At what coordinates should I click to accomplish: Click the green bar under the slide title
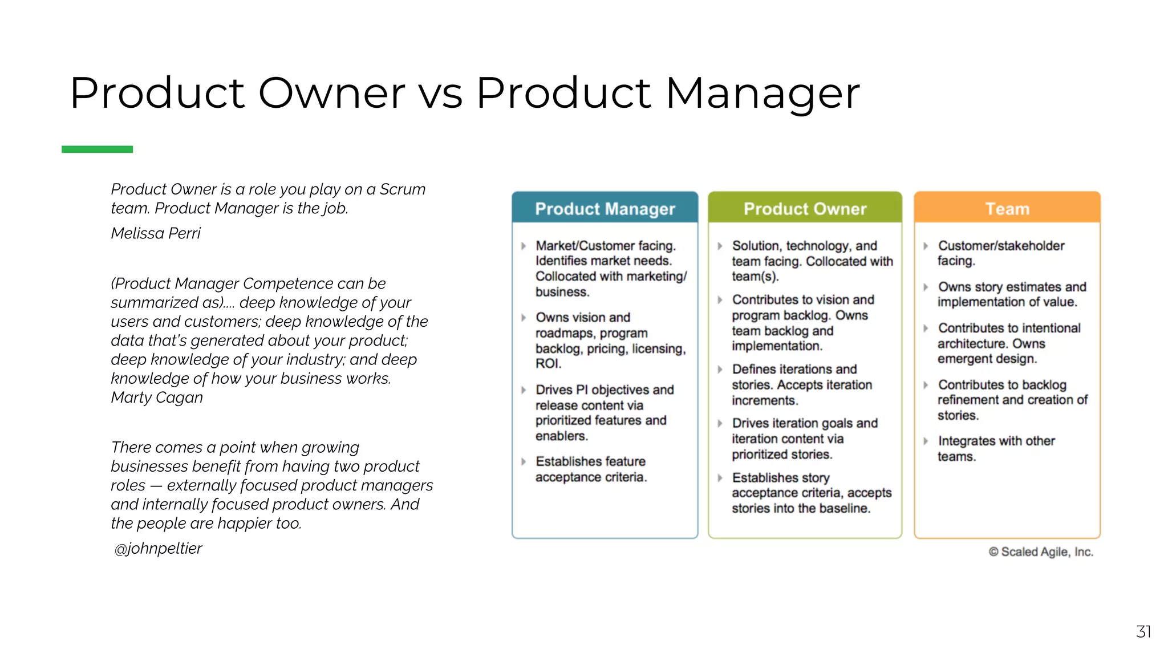click(97, 149)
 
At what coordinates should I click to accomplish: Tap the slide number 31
click(1143, 632)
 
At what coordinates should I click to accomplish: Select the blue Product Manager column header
click(605, 209)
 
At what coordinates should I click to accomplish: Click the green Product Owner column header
click(805, 209)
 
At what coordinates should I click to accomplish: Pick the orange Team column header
click(1007, 209)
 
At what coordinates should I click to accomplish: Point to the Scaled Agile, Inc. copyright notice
click(1041, 552)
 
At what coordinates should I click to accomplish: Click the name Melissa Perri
click(156, 233)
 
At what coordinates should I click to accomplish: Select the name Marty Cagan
click(157, 398)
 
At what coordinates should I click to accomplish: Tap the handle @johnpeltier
click(158, 549)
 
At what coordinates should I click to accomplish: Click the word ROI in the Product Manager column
click(548, 364)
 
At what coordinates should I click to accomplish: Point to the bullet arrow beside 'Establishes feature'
click(524, 461)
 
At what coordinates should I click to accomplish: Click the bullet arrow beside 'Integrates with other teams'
click(926, 441)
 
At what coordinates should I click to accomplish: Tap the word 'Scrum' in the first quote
click(403, 189)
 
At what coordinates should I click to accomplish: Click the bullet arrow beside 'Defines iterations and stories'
click(720, 370)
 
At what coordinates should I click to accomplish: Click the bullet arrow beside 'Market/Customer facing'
click(524, 246)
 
